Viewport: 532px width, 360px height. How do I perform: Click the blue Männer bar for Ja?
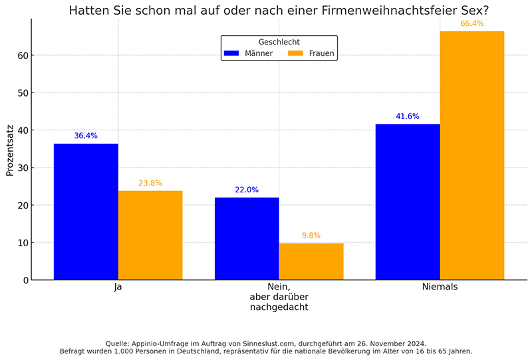[x=86, y=212]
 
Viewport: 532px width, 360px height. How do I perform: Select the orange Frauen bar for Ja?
[x=150, y=235]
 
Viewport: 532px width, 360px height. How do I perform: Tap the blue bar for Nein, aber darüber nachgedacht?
[x=247, y=238]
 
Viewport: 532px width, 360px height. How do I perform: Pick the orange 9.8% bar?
[x=311, y=261]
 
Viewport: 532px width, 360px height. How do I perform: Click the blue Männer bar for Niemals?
[x=408, y=202]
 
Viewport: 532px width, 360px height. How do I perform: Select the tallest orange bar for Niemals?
[x=472, y=155]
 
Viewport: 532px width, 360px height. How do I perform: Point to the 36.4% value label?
[x=86, y=136]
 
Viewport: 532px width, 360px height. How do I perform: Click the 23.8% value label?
[x=150, y=183]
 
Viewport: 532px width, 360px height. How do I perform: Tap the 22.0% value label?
[x=247, y=190]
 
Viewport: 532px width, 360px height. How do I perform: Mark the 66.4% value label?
[x=472, y=23]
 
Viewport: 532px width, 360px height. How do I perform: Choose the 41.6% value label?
[x=408, y=116]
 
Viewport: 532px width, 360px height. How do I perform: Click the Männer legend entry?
[x=249, y=53]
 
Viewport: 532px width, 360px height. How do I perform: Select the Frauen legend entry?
[x=312, y=53]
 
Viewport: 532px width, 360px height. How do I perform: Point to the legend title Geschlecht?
[x=279, y=42]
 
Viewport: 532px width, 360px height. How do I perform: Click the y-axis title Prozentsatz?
[x=10, y=149]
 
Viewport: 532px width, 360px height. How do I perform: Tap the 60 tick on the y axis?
[x=23, y=55]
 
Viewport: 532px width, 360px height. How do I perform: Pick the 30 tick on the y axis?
[x=23, y=168]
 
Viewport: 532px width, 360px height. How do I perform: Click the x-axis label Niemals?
[x=440, y=287]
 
